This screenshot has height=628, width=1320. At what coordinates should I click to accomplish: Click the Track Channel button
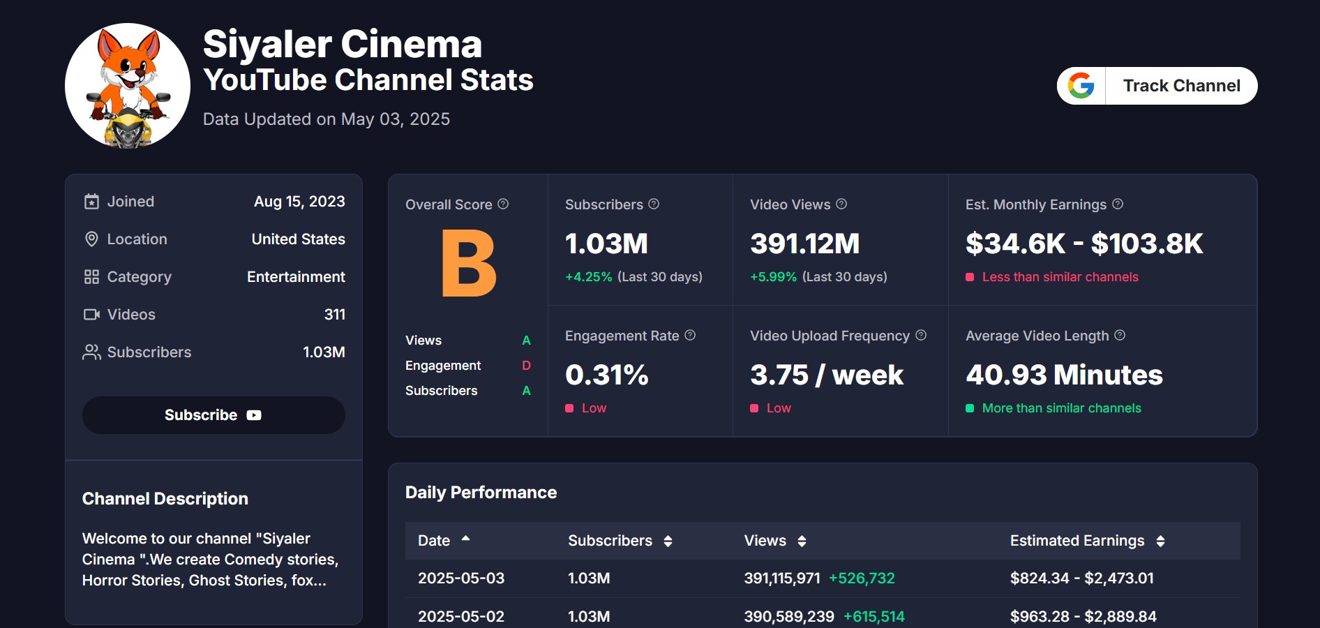pos(1180,86)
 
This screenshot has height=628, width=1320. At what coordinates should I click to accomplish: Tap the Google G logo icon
pos(1081,86)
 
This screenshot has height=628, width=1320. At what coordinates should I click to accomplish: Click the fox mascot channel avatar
pos(128,86)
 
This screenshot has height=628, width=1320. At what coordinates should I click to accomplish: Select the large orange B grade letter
pos(468,264)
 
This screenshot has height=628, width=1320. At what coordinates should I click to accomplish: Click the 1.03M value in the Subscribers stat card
pos(606,244)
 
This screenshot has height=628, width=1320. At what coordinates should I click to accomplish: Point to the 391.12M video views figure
pos(804,244)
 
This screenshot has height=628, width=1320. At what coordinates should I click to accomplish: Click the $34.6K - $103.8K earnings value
pos(1083,244)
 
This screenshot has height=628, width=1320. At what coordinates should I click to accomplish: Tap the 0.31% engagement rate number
pos(606,375)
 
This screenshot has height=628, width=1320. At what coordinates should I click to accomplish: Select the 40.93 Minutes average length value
pos(1063,375)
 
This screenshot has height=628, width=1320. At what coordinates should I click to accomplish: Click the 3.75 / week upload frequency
pos(826,375)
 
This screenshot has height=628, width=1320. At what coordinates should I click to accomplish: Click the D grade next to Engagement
pos(526,366)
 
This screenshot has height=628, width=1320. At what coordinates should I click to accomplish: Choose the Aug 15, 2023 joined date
pos(299,202)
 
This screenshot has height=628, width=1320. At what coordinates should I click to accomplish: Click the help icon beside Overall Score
pos(503,204)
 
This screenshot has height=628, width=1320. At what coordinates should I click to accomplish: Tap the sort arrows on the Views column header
pos(802,541)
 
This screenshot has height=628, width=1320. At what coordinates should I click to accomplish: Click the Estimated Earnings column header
pos(1077,541)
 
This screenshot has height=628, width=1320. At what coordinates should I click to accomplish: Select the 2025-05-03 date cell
pos(460,578)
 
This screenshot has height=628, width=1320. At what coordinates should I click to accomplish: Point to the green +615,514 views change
pos(873,617)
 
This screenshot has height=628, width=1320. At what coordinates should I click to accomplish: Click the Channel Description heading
pos(165,499)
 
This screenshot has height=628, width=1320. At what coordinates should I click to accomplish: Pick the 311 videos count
pos(334,315)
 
